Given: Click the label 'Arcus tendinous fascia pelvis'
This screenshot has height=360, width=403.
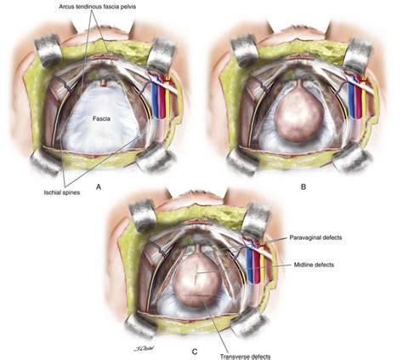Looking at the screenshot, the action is pos(98,7).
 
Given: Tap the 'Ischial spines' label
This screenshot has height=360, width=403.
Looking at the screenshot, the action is pos(62,192).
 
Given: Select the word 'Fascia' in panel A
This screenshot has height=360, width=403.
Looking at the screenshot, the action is pos(101,119).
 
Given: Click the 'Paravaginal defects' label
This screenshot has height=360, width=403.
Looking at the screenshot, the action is pos(315,237).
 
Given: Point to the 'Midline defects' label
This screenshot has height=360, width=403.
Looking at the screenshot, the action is pos(314,265).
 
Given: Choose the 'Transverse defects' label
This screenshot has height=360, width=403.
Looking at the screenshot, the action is pos(246,357).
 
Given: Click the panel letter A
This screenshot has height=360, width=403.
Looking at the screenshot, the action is pos(99,186).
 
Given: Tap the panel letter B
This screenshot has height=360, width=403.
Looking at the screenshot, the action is pos(304,186).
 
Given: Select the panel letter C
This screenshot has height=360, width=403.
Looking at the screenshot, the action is pos(195,352).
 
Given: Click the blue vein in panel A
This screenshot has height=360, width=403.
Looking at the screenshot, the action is pos(155,100).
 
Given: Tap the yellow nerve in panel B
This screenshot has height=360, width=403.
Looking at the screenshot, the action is pos(364,100).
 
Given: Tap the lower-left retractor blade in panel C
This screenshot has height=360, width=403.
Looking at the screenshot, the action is pos(141,327).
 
